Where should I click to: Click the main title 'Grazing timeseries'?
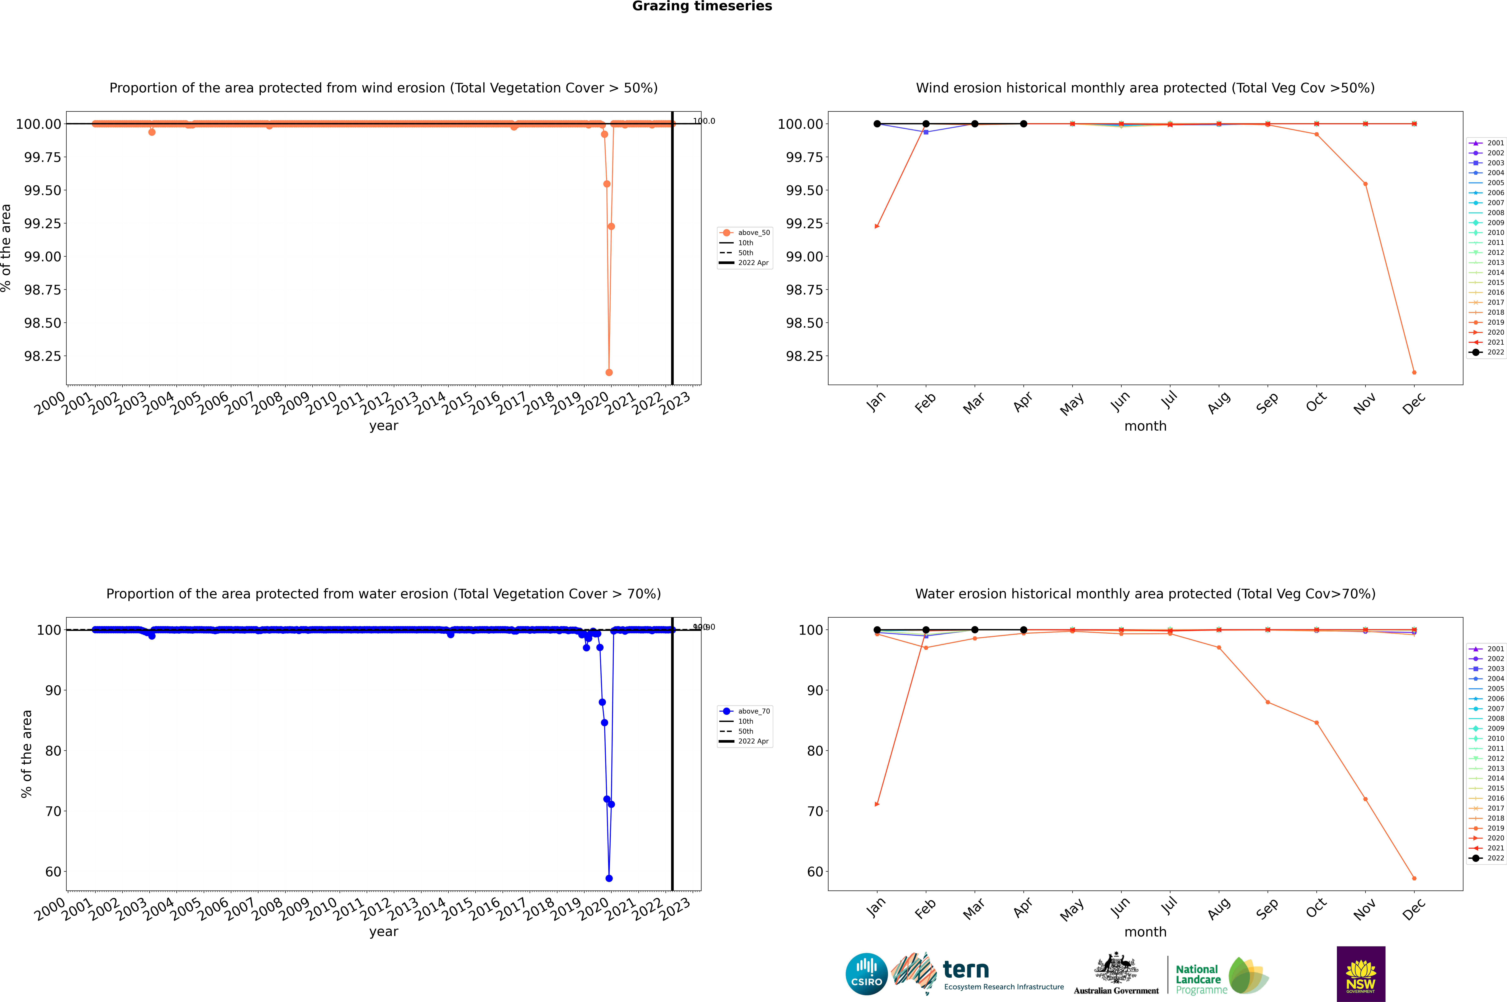[702, 6]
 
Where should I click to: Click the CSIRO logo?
[866, 974]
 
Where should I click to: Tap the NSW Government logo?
[1361, 974]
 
